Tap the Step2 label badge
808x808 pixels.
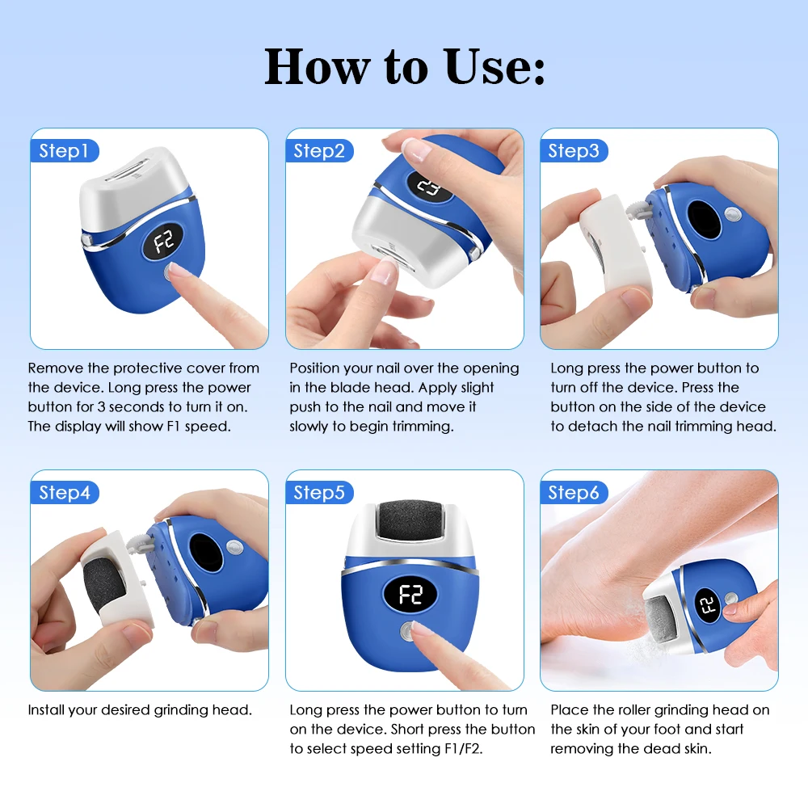point(319,151)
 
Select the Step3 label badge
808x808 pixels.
point(574,151)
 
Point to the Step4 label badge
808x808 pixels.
point(65,493)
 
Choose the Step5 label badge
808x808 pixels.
point(319,493)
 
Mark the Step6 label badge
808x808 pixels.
point(574,493)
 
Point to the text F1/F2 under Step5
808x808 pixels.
point(492,748)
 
